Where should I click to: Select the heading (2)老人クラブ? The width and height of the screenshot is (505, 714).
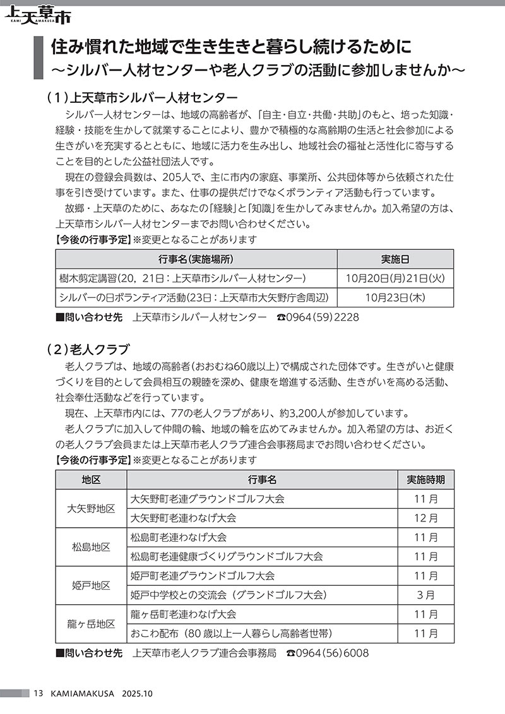[88, 348]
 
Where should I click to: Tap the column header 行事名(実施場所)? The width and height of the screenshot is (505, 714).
[196, 259]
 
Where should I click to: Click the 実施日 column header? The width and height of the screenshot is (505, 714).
[395, 259]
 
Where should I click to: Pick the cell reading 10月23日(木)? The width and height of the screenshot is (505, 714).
[395, 297]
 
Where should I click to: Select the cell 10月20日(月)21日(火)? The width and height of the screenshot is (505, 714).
[395, 278]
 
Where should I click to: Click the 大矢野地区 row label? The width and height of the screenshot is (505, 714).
[91, 508]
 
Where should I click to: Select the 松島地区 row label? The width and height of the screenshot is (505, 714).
[91, 547]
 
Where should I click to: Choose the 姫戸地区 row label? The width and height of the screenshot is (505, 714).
[91, 585]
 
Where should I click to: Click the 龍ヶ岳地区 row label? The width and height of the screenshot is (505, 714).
[91, 624]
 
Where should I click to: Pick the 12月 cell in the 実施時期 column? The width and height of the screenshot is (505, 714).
[425, 518]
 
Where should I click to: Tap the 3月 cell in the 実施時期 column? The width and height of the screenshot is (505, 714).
[425, 595]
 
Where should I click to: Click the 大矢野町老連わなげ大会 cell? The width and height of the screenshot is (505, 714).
[183, 518]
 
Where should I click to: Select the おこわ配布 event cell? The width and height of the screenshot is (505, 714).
[231, 633]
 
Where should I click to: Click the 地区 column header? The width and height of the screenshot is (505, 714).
[91, 479]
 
